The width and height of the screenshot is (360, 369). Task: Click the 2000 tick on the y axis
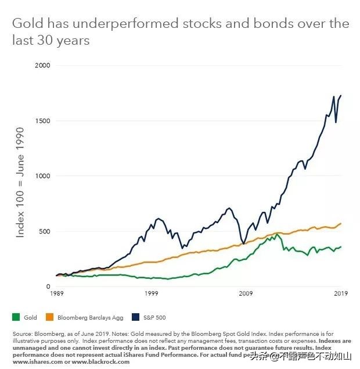point(43,66)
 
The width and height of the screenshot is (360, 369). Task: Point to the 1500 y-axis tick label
point(43,121)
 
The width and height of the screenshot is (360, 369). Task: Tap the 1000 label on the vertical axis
point(43,176)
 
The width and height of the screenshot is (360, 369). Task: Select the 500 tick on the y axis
point(45,231)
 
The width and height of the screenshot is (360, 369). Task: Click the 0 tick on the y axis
point(48,286)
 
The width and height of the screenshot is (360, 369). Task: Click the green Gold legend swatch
point(16,317)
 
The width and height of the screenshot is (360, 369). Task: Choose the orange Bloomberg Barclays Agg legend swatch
point(49,317)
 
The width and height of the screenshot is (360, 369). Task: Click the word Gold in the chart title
point(24,24)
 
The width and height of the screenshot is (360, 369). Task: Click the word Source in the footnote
point(21,334)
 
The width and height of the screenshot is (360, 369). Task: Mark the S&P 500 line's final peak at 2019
point(340,95)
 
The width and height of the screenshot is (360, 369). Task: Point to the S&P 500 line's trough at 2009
point(242,243)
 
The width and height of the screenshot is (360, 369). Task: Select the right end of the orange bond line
point(341,223)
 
